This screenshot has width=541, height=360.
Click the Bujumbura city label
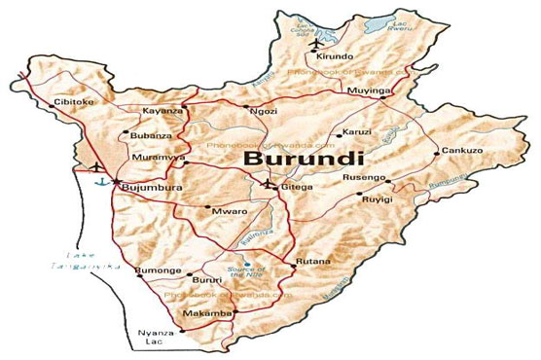pos(149,183)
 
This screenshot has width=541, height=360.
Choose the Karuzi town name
pos(357,134)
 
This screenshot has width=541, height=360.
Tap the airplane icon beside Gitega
pos(270,183)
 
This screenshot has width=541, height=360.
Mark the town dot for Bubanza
pos(126,134)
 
